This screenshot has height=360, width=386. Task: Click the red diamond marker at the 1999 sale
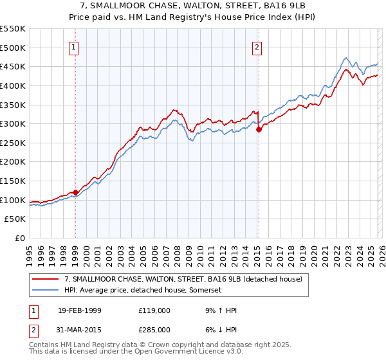click(x=75, y=192)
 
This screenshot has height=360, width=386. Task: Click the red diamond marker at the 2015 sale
click(x=259, y=129)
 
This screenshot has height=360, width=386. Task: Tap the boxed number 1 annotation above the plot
click(x=75, y=47)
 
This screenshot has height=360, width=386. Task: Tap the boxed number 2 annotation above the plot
click(x=257, y=47)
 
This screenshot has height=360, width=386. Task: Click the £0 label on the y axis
click(x=19, y=238)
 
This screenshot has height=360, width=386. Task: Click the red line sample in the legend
click(x=46, y=279)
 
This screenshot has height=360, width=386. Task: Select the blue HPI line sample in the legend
click(x=46, y=291)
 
